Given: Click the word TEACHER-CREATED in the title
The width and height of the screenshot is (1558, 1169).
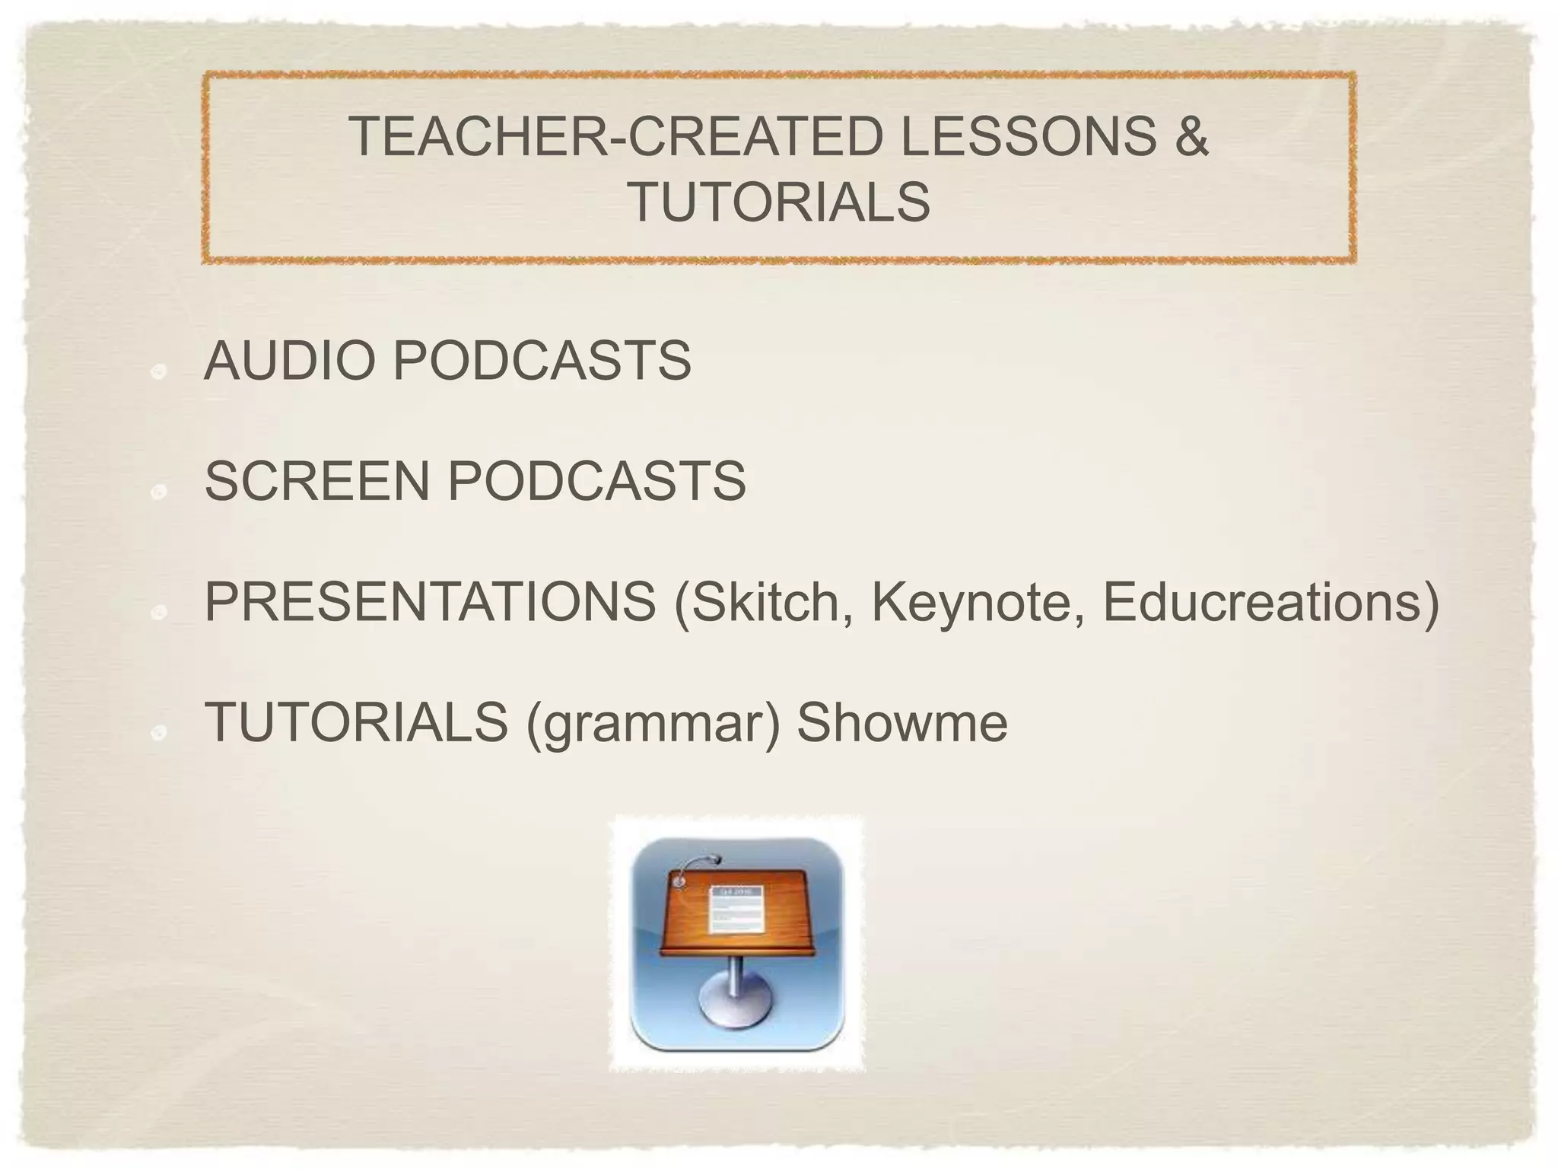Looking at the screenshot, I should [615, 136].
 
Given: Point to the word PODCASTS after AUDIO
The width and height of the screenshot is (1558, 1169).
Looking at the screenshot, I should [542, 361].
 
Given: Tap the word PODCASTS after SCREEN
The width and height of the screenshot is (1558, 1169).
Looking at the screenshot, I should [596, 481].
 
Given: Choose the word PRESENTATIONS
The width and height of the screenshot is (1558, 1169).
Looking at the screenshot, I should [430, 601].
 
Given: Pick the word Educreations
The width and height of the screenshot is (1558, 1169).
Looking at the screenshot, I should [1262, 601].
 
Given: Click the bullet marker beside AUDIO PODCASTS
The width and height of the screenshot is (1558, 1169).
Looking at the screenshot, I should [158, 372].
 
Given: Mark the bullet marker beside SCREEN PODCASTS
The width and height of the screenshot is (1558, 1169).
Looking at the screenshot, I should [158, 492].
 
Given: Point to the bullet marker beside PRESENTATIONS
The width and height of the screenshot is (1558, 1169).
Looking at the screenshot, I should [158, 613].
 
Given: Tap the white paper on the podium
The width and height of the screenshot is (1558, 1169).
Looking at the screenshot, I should [735, 909].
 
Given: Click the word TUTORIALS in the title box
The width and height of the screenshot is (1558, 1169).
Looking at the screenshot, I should [780, 202].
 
